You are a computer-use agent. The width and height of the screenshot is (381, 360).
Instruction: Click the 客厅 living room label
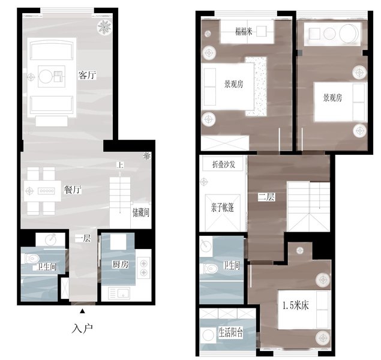coord(87,75)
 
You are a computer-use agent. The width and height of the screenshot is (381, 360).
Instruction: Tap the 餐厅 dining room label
coord(73,190)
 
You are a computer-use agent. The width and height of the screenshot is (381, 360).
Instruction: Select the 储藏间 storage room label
coord(140,212)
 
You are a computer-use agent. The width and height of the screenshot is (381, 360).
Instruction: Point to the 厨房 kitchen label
coord(121,264)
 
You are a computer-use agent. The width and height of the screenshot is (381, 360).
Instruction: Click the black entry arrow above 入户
coord(83,311)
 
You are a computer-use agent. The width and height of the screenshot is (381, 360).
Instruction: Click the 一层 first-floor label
coord(83,239)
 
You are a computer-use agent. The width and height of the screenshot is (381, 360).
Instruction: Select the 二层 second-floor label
coord(266,197)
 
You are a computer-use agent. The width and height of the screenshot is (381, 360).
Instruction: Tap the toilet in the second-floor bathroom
coord(210,269)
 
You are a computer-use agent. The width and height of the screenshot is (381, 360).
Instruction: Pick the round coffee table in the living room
coord(46,77)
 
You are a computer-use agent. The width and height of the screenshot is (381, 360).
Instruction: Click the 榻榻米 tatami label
coord(244,31)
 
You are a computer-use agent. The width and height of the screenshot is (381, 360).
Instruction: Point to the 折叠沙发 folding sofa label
coord(224,164)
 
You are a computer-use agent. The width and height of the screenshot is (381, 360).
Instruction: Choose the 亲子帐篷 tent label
coord(223,208)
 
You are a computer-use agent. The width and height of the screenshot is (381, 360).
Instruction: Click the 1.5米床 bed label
coord(295,305)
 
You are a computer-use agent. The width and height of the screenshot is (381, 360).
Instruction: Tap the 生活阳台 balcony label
coord(230,333)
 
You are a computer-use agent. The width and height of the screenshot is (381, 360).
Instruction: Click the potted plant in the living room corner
coord(104,27)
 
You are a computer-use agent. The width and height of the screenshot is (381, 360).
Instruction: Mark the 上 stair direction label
coord(120,165)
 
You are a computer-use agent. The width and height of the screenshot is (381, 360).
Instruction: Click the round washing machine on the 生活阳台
coord(208,335)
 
